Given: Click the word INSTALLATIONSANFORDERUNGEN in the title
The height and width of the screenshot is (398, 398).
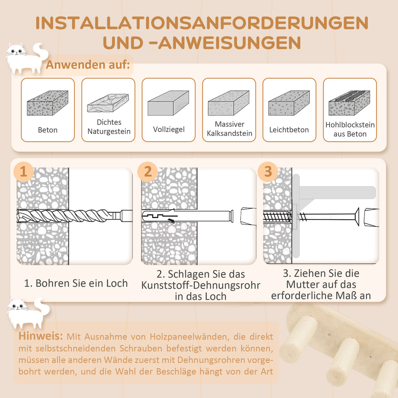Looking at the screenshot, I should (x=202, y=23).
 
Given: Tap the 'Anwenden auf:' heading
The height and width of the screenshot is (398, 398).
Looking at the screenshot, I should (x=88, y=65).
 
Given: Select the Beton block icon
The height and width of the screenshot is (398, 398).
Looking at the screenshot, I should (x=48, y=103).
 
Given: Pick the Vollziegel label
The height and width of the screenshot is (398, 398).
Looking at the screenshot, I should (x=169, y=129).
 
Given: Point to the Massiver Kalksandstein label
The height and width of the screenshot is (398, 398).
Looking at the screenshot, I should (x=229, y=129).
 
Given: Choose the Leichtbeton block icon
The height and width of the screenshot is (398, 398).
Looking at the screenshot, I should (x=289, y=103).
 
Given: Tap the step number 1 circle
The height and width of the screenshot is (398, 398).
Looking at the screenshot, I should (x=24, y=172).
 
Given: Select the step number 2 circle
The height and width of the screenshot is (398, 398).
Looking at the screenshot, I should (x=148, y=172).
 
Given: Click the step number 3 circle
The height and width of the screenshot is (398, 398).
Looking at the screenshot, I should (x=268, y=172).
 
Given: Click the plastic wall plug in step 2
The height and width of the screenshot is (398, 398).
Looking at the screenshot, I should (x=186, y=216).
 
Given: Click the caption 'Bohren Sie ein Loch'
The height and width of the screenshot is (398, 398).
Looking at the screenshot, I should (x=76, y=283).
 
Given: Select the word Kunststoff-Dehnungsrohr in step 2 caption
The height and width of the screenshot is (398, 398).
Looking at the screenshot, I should (x=201, y=285).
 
